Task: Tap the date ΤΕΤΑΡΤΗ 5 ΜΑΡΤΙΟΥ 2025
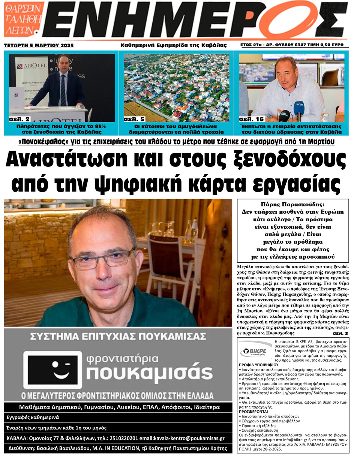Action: point(39,45)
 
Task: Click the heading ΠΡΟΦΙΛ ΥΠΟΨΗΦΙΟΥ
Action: point(258,364)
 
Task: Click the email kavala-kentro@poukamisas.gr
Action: point(190,438)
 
